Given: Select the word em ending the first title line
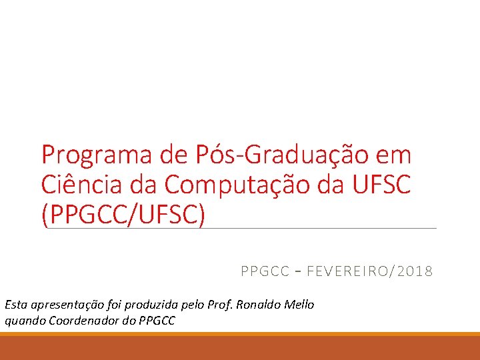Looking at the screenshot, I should coord(394,155).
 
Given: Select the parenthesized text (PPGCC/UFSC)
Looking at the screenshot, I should coord(123,213).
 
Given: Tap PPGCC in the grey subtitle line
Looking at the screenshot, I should coord(265,271).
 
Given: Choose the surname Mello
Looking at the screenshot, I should coord(299,305).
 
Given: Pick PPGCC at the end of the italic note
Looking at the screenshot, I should coord(157,321).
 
